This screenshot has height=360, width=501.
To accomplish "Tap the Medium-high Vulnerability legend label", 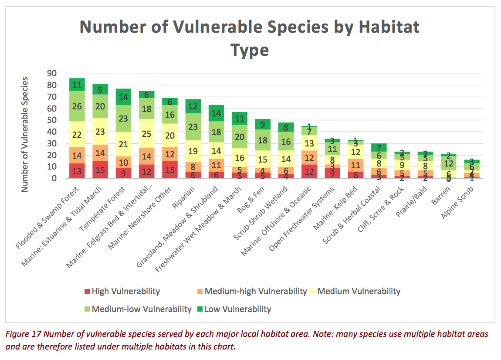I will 255,292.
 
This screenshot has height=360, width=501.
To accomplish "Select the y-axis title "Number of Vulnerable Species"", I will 25,134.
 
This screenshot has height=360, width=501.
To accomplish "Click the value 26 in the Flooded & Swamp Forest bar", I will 77,106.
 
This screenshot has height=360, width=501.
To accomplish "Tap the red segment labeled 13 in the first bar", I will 77,170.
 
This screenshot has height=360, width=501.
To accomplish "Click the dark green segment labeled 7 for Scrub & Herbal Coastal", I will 379,148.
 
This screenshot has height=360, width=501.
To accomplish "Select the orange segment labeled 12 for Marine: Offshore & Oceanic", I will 309,158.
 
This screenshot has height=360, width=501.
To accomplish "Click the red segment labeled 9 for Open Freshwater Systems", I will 332,173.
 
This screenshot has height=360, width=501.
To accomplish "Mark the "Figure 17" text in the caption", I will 25,334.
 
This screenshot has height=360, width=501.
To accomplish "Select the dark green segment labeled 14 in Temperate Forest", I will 123,97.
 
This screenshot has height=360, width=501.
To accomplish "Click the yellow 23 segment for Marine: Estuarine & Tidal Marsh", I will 100,132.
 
